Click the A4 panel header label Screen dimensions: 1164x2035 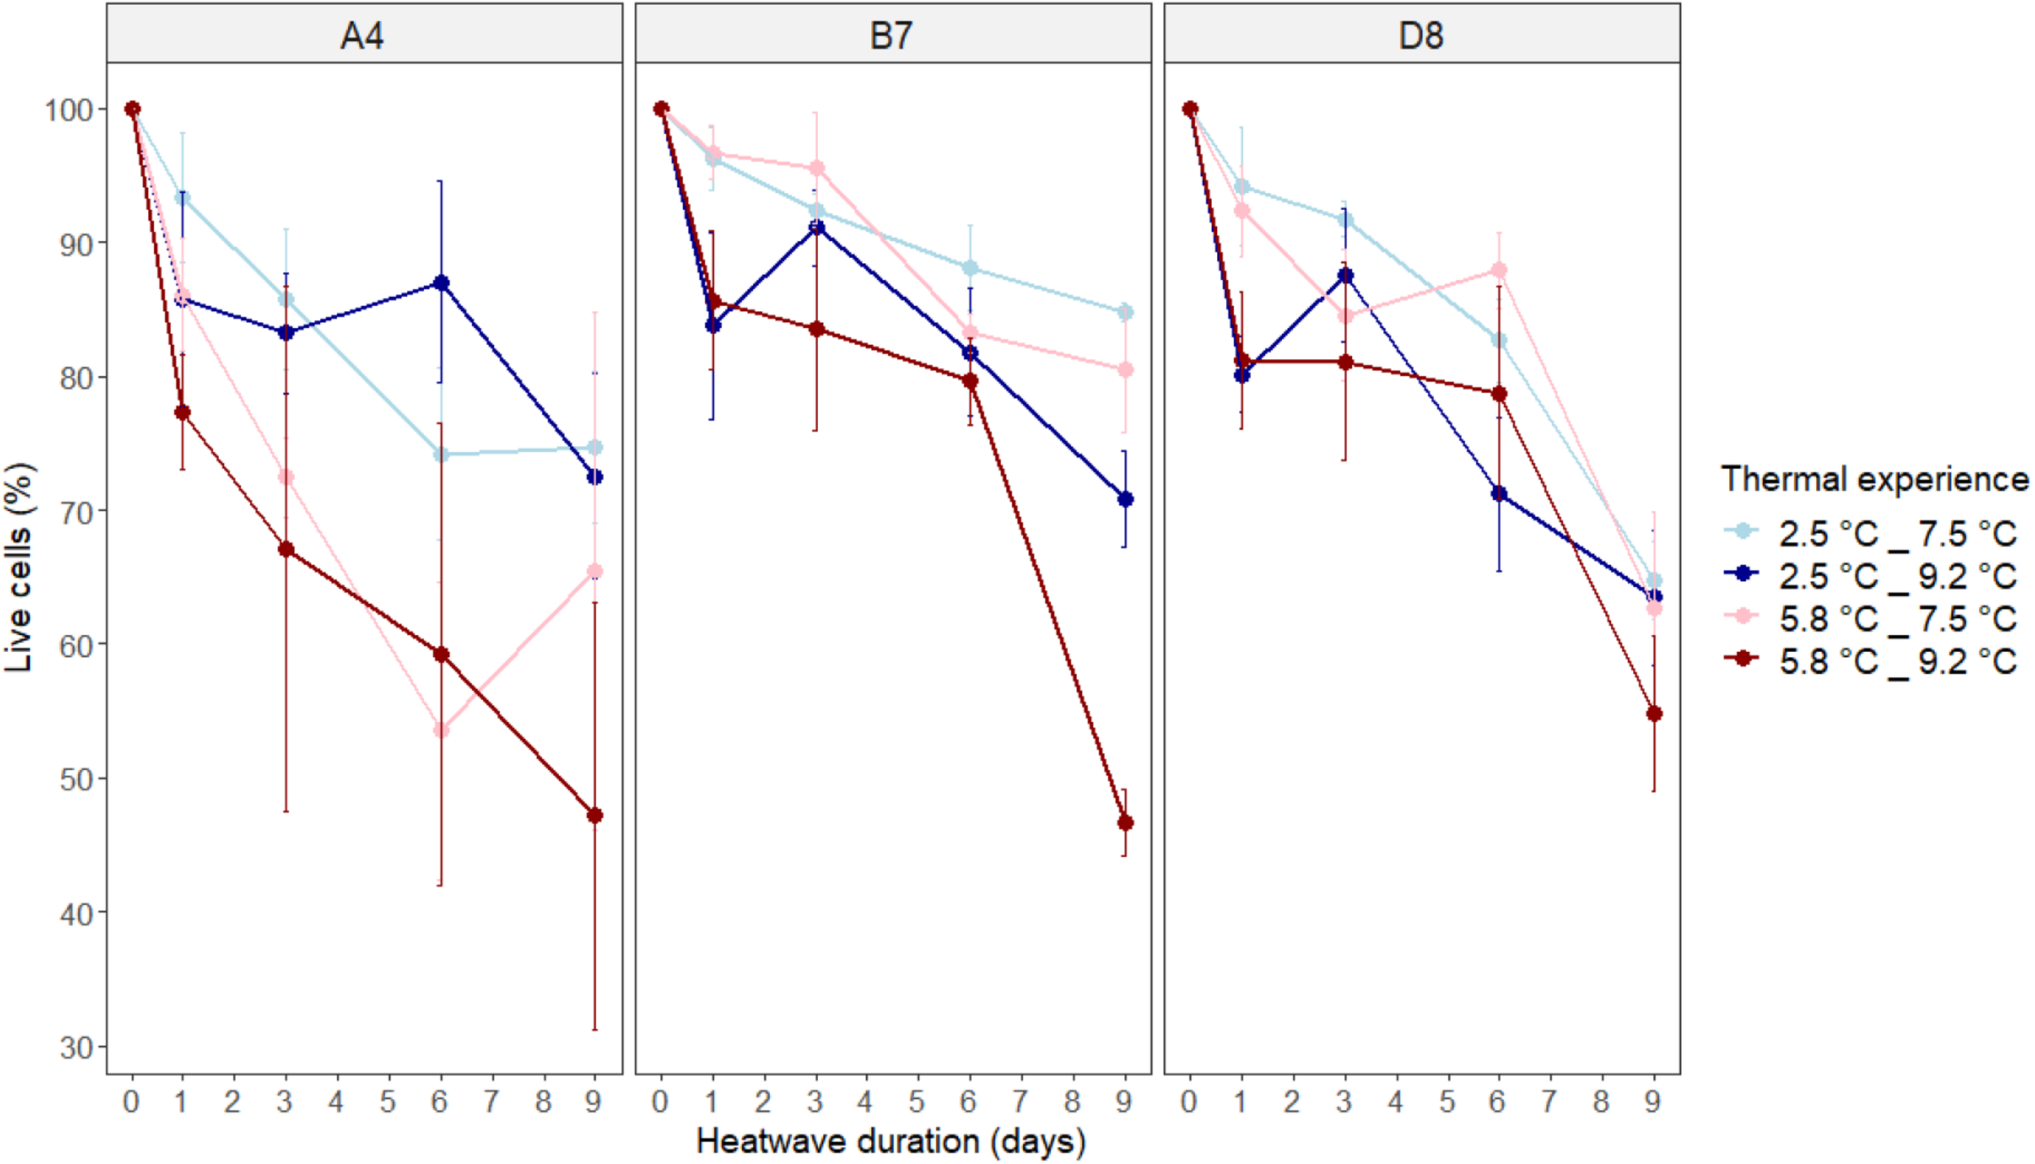point(362,36)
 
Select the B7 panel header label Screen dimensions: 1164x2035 point(891,36)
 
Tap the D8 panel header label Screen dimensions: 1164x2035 point(1421,36)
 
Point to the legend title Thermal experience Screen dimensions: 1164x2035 point(1874,479)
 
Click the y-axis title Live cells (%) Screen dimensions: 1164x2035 point(20,567)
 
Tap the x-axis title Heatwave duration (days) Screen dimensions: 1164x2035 point(891,1141)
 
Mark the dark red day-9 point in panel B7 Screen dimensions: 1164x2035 point(1125,823)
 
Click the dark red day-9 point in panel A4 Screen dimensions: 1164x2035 point(595,816)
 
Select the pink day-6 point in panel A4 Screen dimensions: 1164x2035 point(441,730)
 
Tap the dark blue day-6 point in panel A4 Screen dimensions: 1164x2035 point(441,283)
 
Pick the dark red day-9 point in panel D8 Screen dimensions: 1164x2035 point(1654,714)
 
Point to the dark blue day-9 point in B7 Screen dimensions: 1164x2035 point(1125,499)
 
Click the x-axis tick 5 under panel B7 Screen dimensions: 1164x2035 point(917,1102)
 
